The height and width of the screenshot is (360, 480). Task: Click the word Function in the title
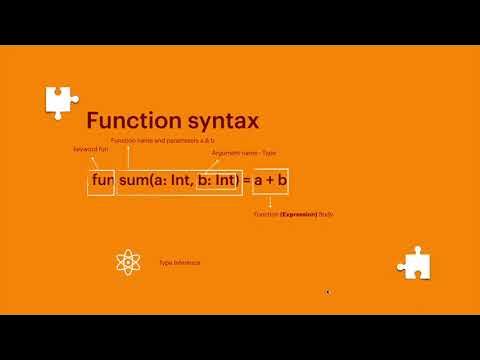127,121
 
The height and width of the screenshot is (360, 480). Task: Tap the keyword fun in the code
101,181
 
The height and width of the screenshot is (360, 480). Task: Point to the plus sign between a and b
270,181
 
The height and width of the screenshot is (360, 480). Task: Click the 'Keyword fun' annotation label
91,148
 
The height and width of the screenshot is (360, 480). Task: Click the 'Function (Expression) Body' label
293,214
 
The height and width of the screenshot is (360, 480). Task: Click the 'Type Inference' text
180,263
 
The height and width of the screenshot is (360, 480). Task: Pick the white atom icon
130,263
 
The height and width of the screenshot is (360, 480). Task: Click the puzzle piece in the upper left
59,100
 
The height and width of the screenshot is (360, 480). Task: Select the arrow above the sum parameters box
131,155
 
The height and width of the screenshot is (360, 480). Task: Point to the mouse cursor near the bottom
327,292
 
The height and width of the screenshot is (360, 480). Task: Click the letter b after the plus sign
283,181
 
